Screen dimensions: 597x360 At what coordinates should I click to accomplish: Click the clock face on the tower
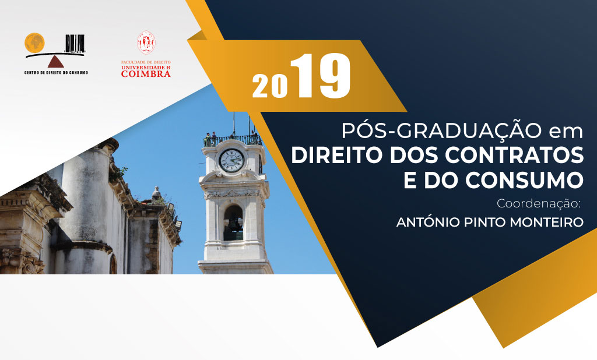point(231,160)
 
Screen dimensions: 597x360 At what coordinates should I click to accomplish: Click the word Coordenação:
point(538,204)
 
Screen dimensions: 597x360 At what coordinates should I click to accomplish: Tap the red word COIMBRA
point(146,74)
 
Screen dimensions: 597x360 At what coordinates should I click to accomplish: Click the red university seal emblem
point(146,43)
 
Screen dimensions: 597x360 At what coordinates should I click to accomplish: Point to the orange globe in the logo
point(34,43)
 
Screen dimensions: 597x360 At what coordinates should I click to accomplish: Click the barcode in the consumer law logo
point(75,43)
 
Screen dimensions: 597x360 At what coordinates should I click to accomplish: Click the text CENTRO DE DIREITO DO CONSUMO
point(56,72)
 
